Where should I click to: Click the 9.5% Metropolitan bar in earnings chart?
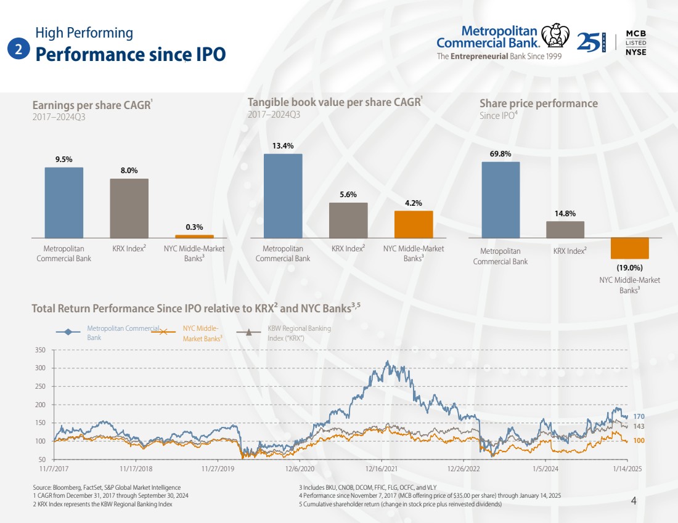(x=63, y=202)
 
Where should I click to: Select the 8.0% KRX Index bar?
(x=129, y=208)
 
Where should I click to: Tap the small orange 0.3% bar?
(x=194, y=236)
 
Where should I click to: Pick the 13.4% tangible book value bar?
(x=283, y=195)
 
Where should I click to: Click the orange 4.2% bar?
(x=414, y=224)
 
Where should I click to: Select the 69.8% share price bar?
(x=500, y=200)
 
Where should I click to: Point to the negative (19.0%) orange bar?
(x=629, y=248)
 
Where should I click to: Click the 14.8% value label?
(x=565, y=214)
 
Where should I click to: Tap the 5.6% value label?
(x=348, y=195)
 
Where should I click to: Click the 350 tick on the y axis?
(x=40, y=350)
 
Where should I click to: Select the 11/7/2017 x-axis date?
(x=54, y=469)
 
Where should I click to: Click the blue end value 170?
(x=639, y=417)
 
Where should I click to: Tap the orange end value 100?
(x=639, y=441)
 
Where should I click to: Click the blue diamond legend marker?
(x=68, y=333)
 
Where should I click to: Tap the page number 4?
(x=634, y=501)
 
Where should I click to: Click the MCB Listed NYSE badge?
(x=635, y=42)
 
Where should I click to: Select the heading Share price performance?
(x=539, y=103)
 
